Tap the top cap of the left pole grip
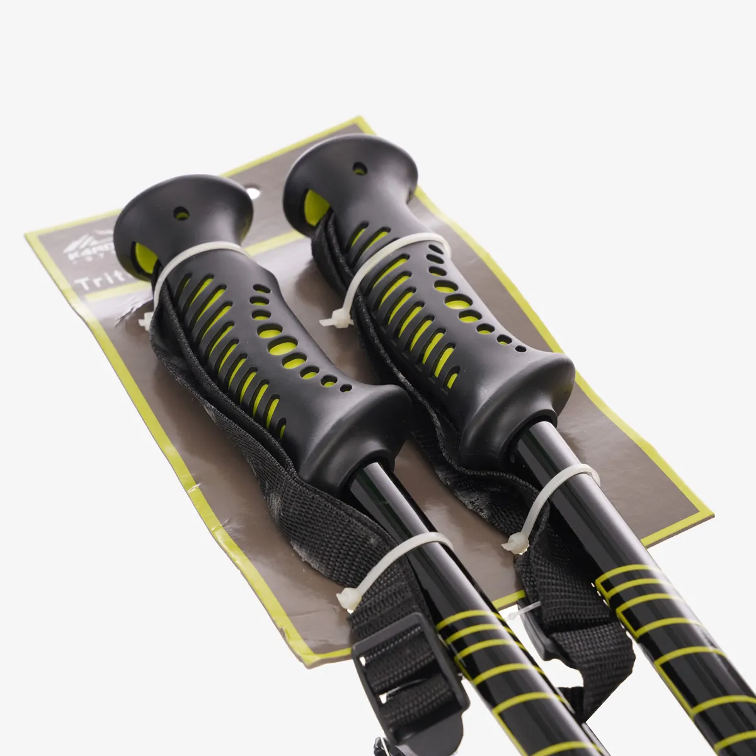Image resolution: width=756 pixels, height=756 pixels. pos(183,208)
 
